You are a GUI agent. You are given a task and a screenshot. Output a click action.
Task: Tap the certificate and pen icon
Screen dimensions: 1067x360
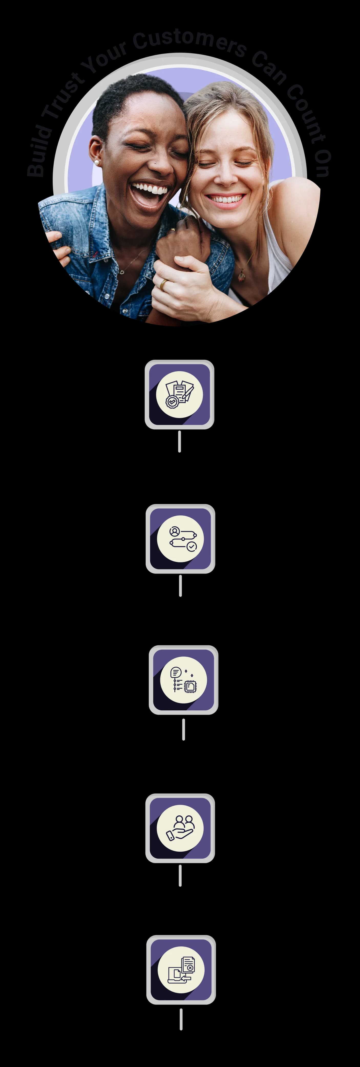pos(179,394)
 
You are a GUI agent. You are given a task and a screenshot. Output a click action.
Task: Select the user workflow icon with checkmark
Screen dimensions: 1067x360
pos(180,538)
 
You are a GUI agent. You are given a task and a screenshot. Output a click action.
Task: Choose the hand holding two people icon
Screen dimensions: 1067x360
pos(180,828)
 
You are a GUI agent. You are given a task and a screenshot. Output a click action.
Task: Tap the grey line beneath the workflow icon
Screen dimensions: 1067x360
pos(180,586)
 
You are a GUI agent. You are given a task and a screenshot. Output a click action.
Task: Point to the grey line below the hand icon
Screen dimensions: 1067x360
pos(180,876)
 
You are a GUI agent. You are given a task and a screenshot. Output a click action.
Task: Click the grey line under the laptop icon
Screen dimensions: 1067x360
pos(181,1019)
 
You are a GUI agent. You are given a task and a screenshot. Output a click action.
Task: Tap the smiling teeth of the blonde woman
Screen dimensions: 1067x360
pos(226,199)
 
